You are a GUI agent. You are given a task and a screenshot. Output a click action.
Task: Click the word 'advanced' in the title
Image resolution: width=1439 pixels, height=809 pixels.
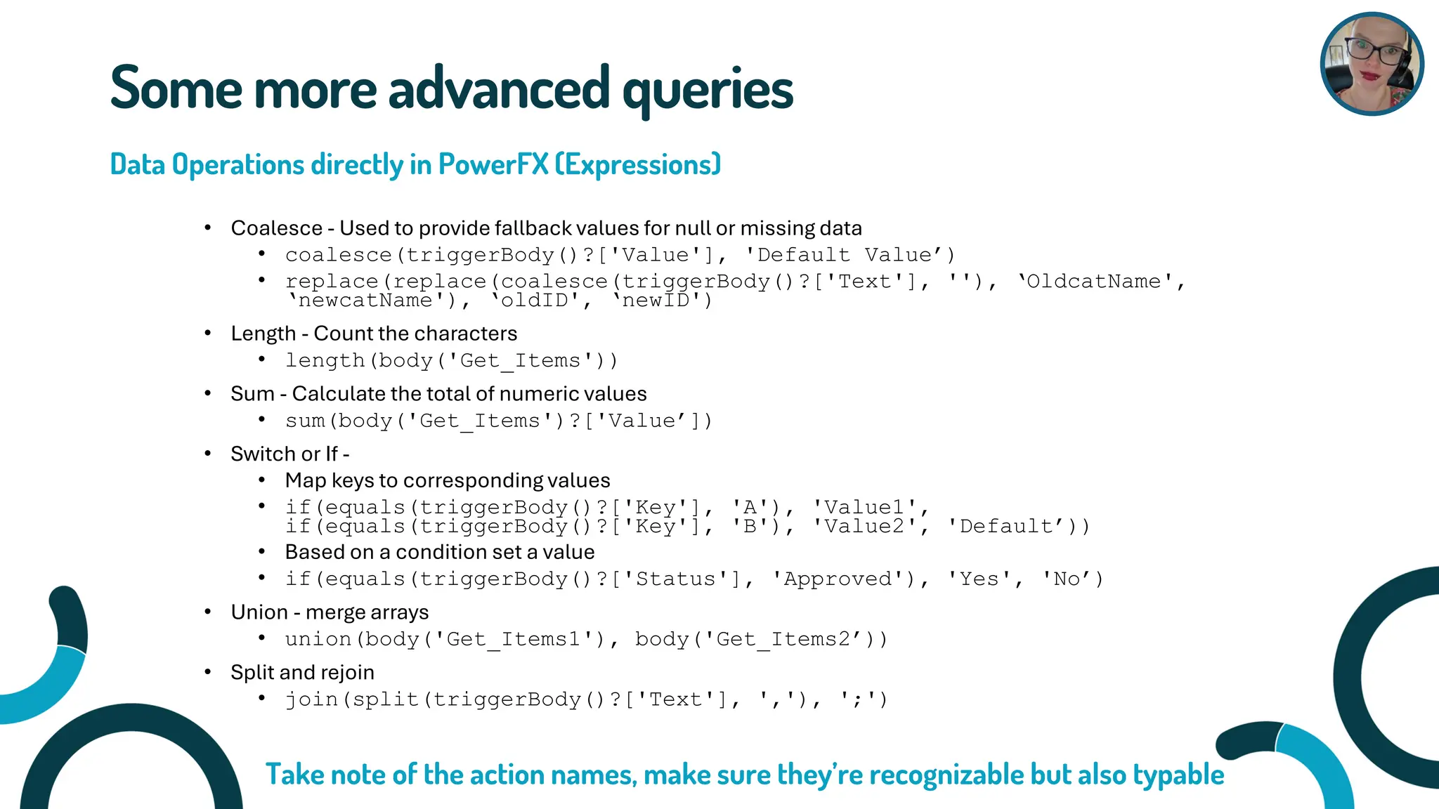[x=498, y=89]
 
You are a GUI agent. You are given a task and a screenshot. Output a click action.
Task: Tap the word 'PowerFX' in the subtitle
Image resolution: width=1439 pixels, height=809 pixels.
[x=493, y=164]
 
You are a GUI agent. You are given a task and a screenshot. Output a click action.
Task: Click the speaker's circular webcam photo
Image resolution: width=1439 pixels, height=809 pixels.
[x=1372, y=64]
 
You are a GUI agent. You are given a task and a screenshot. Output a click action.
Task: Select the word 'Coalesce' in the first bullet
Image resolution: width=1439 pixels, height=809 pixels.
[x=276, y=228]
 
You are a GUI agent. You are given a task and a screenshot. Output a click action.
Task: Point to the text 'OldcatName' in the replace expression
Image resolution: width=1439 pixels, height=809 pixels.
[x=1093, y=282]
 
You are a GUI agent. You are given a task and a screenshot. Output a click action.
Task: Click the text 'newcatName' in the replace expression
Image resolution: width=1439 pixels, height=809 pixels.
[x=365, y=301]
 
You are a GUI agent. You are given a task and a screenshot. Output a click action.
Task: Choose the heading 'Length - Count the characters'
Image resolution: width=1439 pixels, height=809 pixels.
[x=374, y=334]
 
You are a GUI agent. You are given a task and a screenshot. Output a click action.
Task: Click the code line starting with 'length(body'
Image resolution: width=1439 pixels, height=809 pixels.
[x=451, y=360]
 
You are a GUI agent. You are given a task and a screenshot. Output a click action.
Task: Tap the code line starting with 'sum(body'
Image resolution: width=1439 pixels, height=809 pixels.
[x=498, y=421]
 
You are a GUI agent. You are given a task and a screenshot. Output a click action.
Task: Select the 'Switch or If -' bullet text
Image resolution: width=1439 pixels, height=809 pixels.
[x=289, y=454]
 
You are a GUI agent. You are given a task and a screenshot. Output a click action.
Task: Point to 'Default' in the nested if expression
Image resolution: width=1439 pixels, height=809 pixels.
[x=1006, y=527]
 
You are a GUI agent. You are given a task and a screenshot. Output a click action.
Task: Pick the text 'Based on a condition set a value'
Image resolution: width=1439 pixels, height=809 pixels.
[x=440, y=552]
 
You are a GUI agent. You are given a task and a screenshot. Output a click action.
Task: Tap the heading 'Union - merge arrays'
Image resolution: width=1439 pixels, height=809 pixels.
[x=330, y=612]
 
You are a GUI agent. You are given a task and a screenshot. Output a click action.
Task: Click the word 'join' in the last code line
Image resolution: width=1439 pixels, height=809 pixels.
[x=311, y=700]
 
